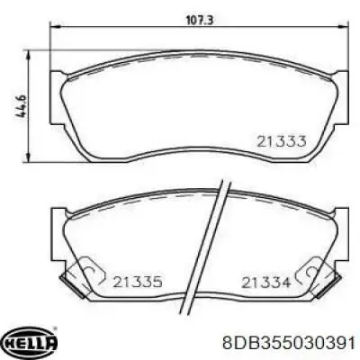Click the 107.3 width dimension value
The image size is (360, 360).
tap(200, 21)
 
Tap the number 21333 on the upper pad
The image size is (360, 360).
tap(282, 141)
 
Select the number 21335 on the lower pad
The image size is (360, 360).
tap(138, 282)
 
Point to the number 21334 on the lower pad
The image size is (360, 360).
tap(266, 283)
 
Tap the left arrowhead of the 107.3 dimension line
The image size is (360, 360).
tap(55, 27)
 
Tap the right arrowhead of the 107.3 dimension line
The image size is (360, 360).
tap(343, 27)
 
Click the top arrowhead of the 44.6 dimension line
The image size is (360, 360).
tap(29, 56)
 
